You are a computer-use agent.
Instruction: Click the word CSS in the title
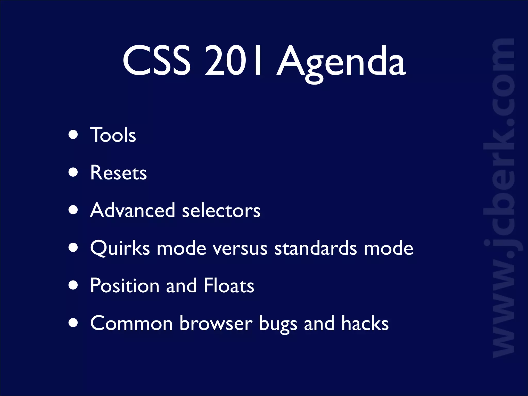click(156, 61)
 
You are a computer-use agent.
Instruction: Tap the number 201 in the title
click(233, 61)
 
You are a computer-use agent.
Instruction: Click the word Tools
click(113, 135)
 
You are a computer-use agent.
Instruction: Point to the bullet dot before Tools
click(73, 135)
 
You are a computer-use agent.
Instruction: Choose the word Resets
click(118, 172)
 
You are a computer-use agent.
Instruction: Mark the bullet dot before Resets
click(73, 172)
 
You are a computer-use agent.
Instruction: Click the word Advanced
click(133, 210)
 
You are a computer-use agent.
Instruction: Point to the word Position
click(125, 286)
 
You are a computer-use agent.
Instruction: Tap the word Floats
click(229, 285)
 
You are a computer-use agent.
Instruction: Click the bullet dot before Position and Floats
click(73, 285)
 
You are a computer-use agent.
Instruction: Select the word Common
click(131, 323)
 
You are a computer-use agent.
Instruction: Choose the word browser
click(216, 323)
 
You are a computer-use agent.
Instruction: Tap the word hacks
click(365, 323)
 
